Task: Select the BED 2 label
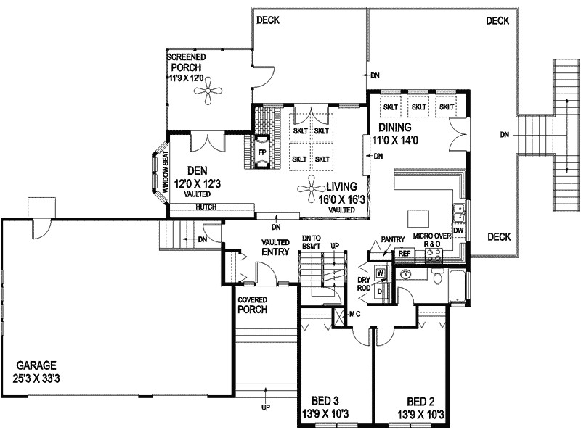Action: [421, 407]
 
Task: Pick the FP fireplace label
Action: [262, 153]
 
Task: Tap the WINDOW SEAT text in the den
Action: [165, 171]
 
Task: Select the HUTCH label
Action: [206, 207]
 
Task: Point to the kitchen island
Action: [420, 218]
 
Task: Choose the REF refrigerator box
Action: [404, 254]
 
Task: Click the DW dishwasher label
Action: [458, 231]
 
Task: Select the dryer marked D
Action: [380, 291]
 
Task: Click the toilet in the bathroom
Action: [437, 278]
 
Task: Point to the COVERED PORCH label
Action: [252, 304]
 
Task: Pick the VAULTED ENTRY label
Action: [275, 247]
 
